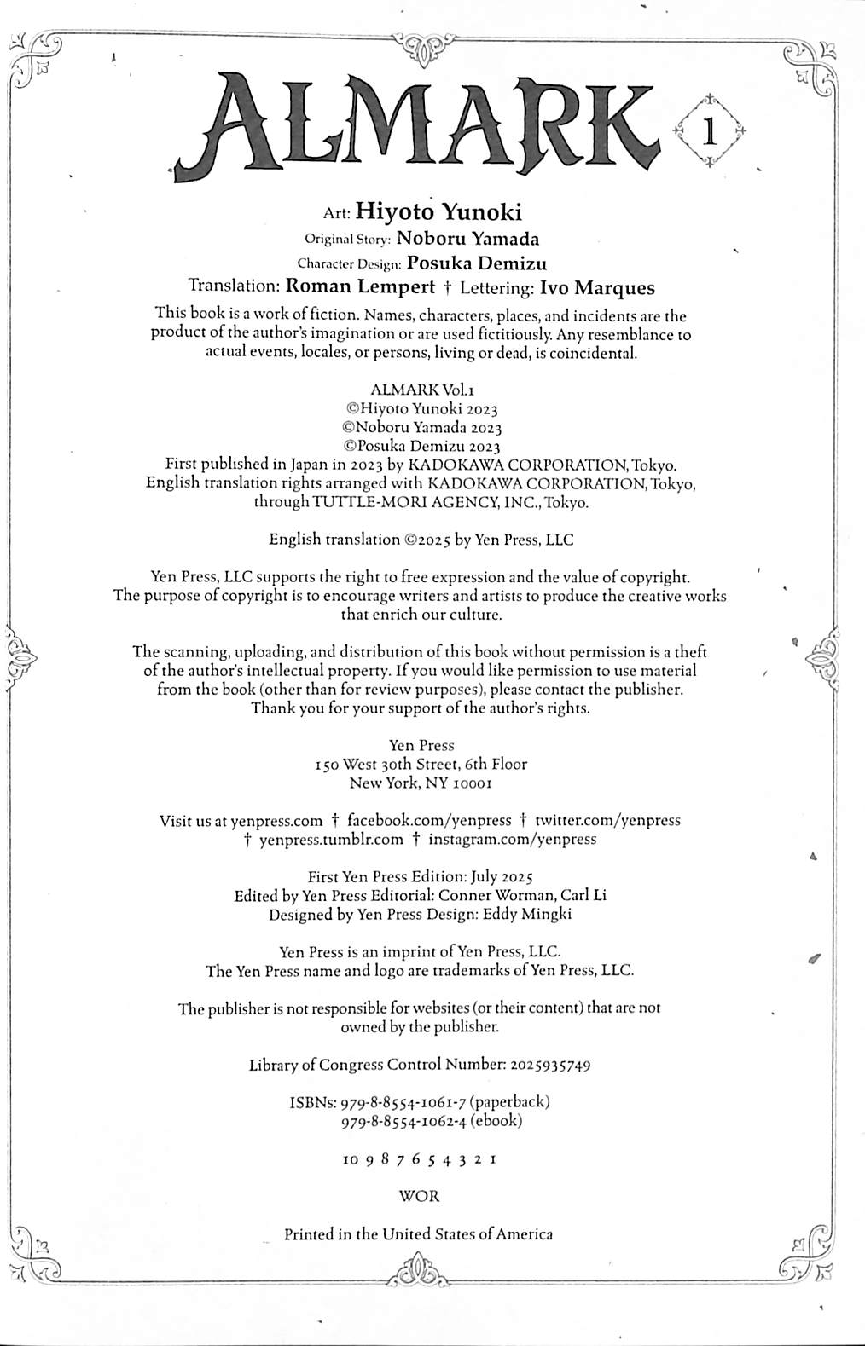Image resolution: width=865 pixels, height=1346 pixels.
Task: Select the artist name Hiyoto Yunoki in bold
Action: (x=438, y=211)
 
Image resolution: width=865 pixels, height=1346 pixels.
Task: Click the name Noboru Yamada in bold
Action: (x=467, y=240)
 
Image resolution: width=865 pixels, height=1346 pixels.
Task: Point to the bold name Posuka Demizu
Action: (x=477, y=263)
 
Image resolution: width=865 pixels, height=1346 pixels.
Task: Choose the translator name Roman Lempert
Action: (x=361, y=287)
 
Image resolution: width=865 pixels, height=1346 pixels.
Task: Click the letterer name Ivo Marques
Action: (x=598, y=287)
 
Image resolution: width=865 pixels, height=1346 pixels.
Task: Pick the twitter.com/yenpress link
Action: (x=607, y=821)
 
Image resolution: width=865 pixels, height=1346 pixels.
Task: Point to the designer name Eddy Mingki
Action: (x=534, y=914)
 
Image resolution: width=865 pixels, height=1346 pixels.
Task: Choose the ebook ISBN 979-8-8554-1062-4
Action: (x=403, y=1121)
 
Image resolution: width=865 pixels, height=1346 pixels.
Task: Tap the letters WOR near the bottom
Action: (x=420, y=1196)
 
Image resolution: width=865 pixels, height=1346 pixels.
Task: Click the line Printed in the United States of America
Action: (x=418, y=1233)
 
